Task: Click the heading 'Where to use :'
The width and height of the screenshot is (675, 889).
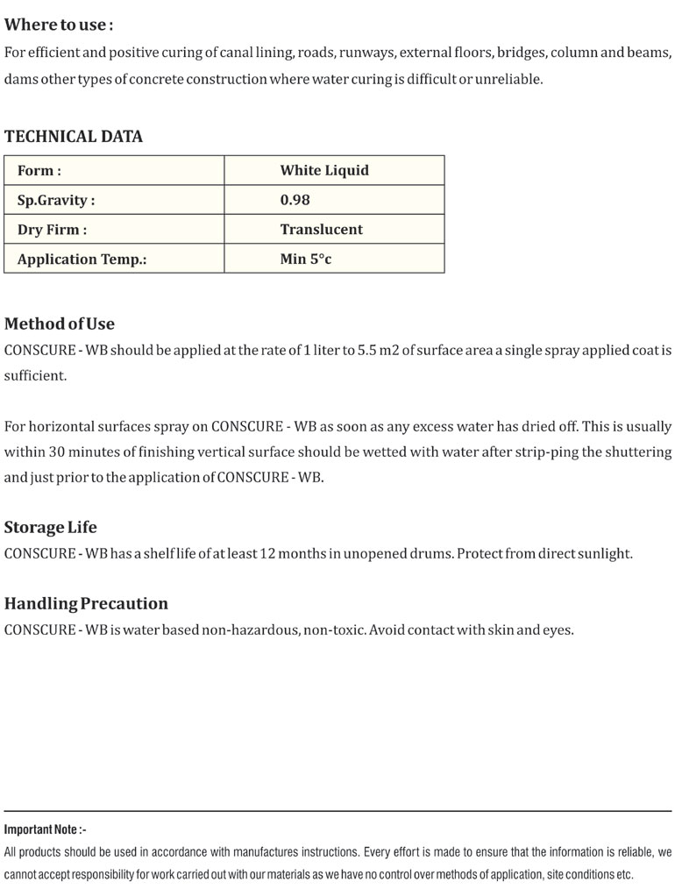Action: [59, 25]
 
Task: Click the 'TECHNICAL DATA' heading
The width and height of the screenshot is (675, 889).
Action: [73, 136]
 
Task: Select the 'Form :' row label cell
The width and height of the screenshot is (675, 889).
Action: [39, 171]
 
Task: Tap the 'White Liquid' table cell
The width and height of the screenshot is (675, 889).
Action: [324, 171]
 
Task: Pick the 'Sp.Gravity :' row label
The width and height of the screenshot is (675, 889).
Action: [56, 200]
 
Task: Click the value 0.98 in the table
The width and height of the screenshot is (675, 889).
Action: [295, 200]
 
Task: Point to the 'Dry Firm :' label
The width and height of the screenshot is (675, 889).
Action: [52, 230]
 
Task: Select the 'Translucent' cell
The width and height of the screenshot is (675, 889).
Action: [321, 230]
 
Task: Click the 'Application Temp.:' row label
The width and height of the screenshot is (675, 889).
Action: [82, 260]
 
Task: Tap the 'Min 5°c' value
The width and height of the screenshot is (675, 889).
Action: [306, 260]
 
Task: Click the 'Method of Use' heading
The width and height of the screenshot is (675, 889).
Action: [59, 324]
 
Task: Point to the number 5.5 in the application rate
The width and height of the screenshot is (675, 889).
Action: [367, 350]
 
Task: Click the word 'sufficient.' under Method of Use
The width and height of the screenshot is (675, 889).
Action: [35, 375]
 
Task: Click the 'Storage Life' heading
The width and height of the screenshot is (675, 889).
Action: [50, 528]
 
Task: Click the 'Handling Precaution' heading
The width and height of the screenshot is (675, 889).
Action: [86, 604]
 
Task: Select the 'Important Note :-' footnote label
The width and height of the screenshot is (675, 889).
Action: [46, 829]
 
